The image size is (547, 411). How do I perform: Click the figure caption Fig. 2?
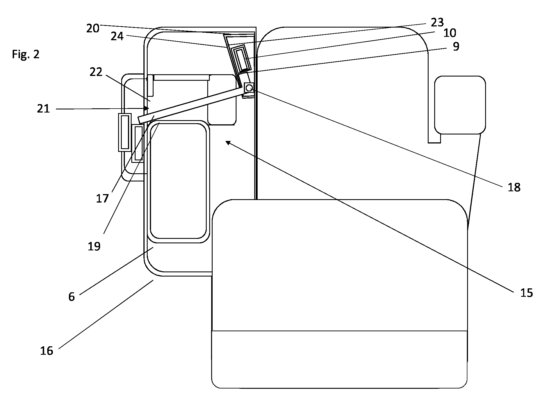pyautogui.click(x=26, y=54)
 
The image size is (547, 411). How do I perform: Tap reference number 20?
pyautogui.click(x=93, y=28)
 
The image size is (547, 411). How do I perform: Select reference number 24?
pyautogui.click(x=117, y=36)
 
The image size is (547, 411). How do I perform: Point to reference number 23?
pyautogui.click(x=437, y=22)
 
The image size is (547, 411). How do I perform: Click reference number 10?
pyautogui.click(x=449, y=33)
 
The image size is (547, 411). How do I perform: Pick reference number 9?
pyautogui.click(x=456, y=46)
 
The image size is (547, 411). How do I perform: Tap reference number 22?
pyautogui.click(x=96, y=72)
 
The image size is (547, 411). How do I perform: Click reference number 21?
pyautogui.click(x=44, y=109)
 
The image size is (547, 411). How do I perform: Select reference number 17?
pyautogui.click(x=102, y=199)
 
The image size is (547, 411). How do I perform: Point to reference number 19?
pyautogui.click(x=94, y=246)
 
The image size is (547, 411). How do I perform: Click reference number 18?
pyautogui.click(x=514, y=187)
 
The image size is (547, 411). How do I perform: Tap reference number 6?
pyautogui.click(x=72, y=297)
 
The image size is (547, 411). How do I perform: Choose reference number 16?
pyautogui.click(x=47, y=351)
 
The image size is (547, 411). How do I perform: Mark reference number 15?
pyautogui.click(x=526, y=293)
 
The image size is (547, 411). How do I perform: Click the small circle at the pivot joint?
pyautogui.click(x=249, y=88)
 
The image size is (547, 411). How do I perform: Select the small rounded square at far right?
pyautogui.click(x=460, y=105)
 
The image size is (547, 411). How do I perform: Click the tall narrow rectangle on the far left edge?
pyautogui.click(x=125, y=132)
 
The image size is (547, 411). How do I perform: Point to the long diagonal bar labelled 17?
pyautogui.click(x=194, y=106)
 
